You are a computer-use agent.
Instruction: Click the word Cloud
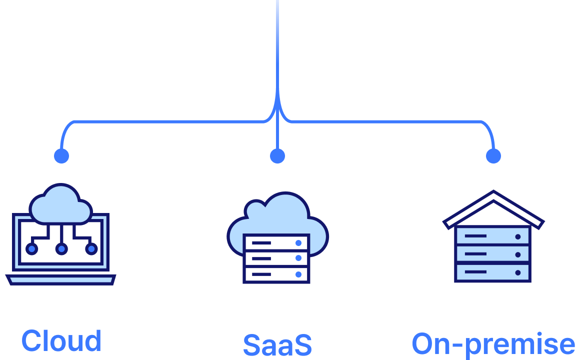(61, 341)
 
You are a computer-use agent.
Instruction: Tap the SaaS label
(277, 345)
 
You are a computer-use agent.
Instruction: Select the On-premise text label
(493, 344)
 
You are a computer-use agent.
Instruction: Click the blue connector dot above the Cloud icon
(61, 156)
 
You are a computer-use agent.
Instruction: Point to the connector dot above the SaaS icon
(277, 156)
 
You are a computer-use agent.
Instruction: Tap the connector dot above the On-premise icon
(493, 156)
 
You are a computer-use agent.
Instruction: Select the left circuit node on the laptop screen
(31, 248)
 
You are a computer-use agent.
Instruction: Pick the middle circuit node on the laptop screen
(61, 248)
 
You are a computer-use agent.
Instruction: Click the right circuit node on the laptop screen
(91, 248)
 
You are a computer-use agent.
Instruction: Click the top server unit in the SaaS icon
(276, 243)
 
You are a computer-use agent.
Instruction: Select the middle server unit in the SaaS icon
(276, 258)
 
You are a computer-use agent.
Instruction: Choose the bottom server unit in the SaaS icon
(276, 274)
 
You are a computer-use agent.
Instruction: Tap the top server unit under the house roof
(492, 236)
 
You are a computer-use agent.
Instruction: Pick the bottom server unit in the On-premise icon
(492, 272)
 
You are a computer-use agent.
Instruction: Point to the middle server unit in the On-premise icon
(492, 254)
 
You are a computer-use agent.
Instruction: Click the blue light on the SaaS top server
(298, 243)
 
